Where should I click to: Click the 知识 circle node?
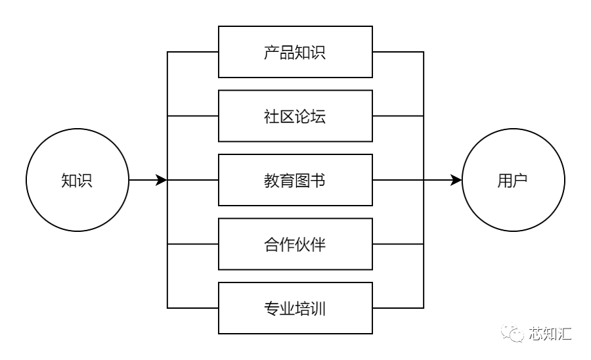click(77, 180)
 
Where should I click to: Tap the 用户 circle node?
click(513, 180)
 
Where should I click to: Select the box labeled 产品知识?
click(295, 52)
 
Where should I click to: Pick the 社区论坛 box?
click(295, 116)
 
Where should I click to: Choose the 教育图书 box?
click(295, 180)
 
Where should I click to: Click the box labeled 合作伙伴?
click(295, 244)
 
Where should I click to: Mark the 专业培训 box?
click(295, 307)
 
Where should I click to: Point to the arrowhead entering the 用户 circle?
click(456, 180)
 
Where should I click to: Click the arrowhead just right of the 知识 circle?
click(161, 180)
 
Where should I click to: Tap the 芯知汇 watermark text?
click(550, 334)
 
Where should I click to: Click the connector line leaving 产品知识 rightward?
click(398, 52)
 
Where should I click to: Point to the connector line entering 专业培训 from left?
click(193, 307)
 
